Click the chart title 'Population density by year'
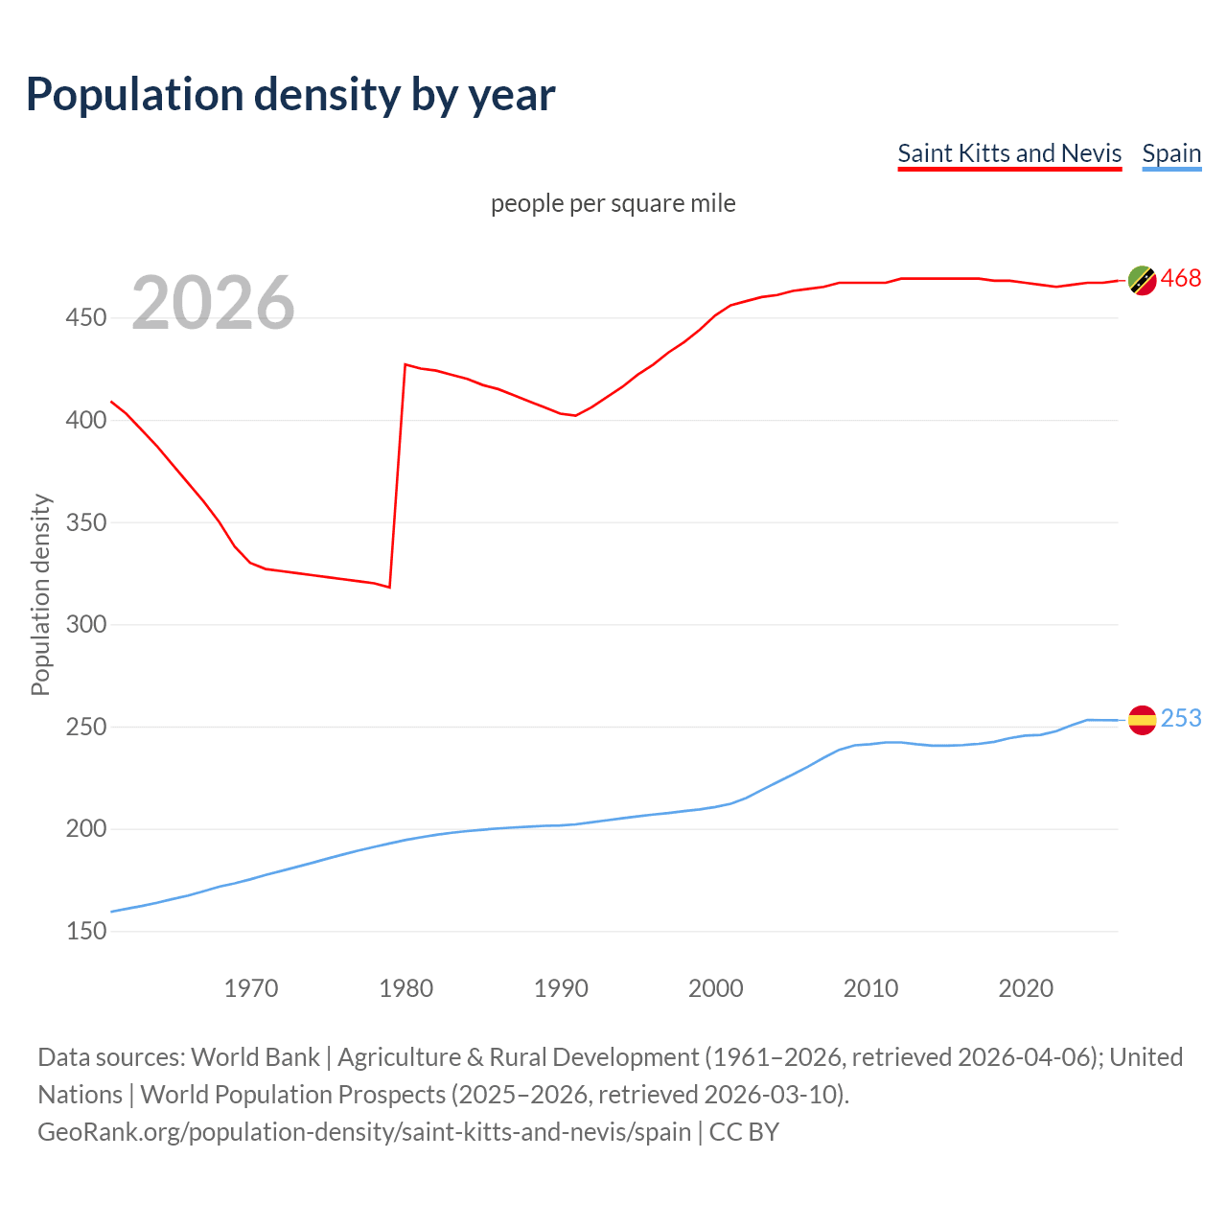pos(290,95)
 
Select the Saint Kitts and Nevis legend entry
pos(1008,153)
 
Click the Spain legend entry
pos(1171,153)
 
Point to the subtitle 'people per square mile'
pos(613,203)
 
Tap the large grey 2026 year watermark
pos(213,303)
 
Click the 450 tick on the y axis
pos(85,318)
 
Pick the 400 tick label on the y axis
pos(85,420)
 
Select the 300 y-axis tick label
pos(85,625)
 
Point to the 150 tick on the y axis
pos(85,931)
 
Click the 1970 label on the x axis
pos(251,988)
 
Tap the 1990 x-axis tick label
pos(561,988)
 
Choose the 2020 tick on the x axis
pos(1026,988)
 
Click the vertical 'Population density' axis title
pos(40,594)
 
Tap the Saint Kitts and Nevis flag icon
pos(1142,280)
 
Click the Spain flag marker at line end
pos(1142,720)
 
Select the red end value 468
pos(1181,279)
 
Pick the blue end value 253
pos(1181,719)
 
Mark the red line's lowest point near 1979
pos(389,587)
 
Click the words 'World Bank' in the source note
pos(255,1057)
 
